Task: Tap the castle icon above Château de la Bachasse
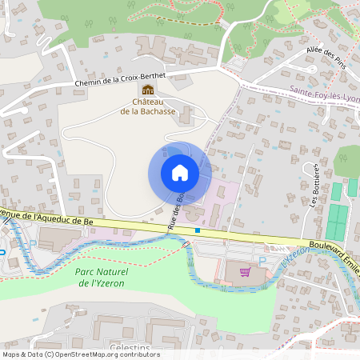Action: [147, 90]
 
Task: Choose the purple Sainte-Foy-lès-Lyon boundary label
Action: [324, 94]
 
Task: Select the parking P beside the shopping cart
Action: [262, 262]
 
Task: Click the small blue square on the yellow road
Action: [198, 231]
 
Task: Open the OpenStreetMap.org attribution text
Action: [115, 354]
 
